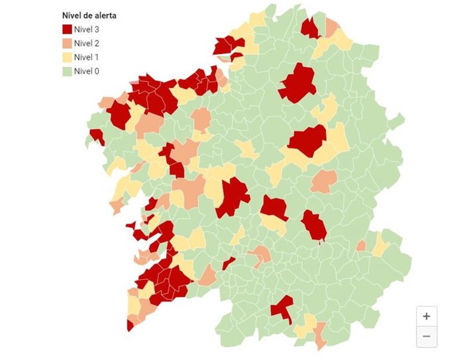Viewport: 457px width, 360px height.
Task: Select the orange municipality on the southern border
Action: [321, 334]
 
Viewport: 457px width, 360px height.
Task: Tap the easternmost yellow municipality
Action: [380, 244]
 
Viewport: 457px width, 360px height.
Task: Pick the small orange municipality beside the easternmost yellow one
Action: [361, 246]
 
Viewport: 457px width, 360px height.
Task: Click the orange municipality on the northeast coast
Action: [331, 27]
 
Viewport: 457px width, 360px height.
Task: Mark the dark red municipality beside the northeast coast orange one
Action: [309, 28]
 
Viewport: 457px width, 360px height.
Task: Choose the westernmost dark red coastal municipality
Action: [97, 136]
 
